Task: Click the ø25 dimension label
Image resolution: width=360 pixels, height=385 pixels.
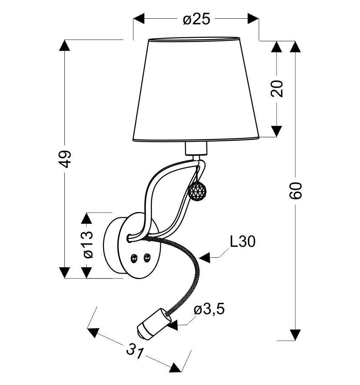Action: pyautogui.click(x=197, y=19)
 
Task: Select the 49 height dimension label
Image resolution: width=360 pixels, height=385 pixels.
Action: pyautogui.click(x=65, y=159)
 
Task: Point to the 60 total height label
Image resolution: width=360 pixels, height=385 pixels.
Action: pyautogui.click(x=295, y=190)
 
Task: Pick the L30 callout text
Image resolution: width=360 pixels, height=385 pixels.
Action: pyautogui.click(x=242, y=242)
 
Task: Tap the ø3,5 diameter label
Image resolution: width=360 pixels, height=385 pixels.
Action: pyautogui.click(x=210, y=309)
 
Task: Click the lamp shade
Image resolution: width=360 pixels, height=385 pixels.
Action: pyautogui.click(x=196, y=89)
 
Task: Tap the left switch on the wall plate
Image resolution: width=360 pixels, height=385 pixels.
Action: pyautogui.click(x=135, y=258)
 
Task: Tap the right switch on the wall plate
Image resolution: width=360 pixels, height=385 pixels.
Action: pyautogui.click(x=147, y=258)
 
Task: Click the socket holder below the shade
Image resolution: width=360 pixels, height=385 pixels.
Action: pyautogui.click(x=195, y=149)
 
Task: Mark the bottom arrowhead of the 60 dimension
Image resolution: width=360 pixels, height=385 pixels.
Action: pyautogui.click(x=295, y=335)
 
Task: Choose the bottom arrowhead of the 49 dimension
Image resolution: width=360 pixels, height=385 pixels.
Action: pyautogui.click(x=65, y=272)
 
